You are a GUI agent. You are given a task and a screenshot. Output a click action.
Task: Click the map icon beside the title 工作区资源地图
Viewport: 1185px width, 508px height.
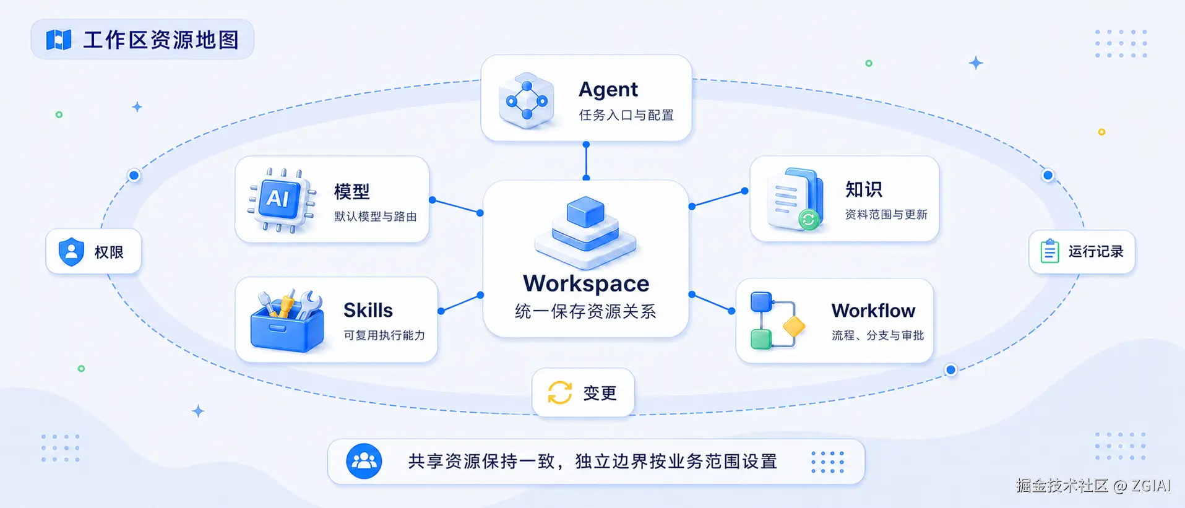(59, 40)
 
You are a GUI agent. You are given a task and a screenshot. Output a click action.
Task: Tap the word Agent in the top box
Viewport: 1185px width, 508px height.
(608, 90)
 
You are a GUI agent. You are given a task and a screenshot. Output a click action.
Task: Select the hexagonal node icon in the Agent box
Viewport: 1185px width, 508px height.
(527, 100)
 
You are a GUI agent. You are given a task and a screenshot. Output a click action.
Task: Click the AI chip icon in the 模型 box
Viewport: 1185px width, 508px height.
(282, 200)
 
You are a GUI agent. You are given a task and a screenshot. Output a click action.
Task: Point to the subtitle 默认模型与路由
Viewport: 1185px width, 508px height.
(376, 217)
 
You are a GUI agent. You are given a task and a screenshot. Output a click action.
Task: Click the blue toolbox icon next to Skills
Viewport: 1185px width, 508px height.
(287, 321)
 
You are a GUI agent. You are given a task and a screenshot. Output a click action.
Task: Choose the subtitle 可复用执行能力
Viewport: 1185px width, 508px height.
(384, 335)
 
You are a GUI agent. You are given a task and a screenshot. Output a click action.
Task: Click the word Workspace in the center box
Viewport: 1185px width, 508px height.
(586, 283)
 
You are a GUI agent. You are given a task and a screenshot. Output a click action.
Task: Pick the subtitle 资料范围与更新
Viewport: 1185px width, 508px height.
(886, 215)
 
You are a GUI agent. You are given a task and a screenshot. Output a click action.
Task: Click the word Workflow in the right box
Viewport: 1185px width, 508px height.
(873, 311)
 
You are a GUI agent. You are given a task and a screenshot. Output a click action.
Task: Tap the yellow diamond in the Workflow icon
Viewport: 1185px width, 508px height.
(794, 325)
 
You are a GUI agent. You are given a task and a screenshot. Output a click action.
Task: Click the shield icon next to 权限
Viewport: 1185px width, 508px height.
(71, 252)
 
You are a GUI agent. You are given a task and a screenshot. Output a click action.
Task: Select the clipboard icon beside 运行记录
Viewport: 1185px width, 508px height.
(1049, 251)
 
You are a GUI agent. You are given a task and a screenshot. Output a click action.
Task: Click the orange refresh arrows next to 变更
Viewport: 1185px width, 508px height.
(560, 392)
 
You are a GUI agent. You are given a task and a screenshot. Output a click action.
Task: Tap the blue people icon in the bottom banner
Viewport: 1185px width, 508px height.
(364, 461)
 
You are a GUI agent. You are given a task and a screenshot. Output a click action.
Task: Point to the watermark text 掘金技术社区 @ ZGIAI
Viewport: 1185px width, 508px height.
(1093, 486)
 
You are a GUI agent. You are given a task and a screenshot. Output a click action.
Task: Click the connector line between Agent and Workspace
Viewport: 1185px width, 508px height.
(586, 161)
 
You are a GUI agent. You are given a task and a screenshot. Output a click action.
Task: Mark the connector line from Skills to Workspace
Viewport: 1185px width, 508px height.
(460, 303)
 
